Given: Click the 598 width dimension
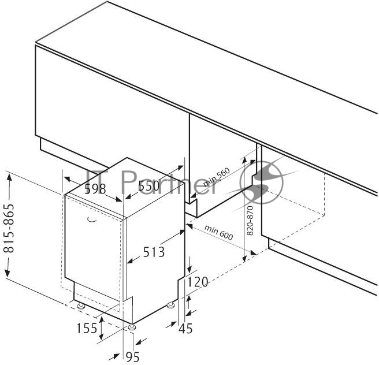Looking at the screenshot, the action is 95,189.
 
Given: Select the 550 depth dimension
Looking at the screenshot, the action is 148,186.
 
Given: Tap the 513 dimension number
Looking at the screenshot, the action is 154,252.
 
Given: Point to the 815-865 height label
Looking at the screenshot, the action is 9,228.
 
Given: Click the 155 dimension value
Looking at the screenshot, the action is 87,328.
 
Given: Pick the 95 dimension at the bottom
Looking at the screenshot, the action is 133,357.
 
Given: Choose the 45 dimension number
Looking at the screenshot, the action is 185,329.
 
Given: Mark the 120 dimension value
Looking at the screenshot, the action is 198,282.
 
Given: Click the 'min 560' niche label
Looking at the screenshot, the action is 216,177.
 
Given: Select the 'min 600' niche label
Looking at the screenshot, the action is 219,232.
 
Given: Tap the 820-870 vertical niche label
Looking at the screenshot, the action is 250,220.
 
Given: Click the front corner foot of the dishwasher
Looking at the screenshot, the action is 132,327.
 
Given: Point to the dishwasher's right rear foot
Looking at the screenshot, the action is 171,305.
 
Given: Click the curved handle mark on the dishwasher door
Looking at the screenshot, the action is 92,219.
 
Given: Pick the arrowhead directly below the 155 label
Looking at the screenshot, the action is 102,336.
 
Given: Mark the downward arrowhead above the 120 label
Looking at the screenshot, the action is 189,268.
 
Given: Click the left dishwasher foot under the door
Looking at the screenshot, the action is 81,306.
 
